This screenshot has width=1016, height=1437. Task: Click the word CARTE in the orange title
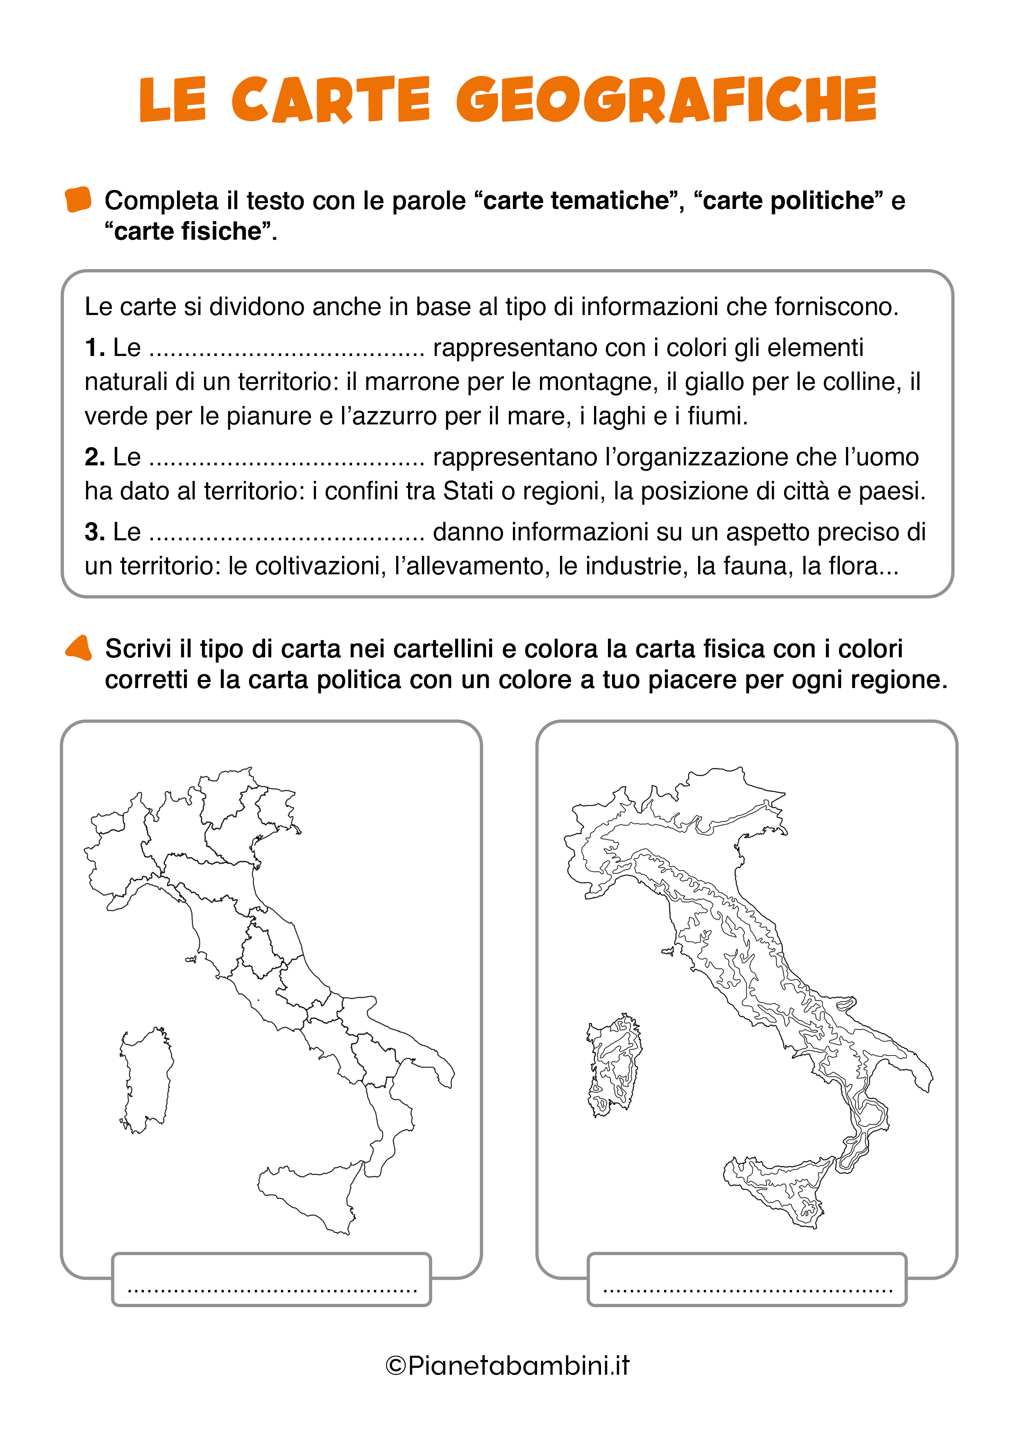point(331,100)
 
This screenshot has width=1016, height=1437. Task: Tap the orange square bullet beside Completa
point(78,199)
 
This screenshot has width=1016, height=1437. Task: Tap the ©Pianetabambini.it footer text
point(508,1365)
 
